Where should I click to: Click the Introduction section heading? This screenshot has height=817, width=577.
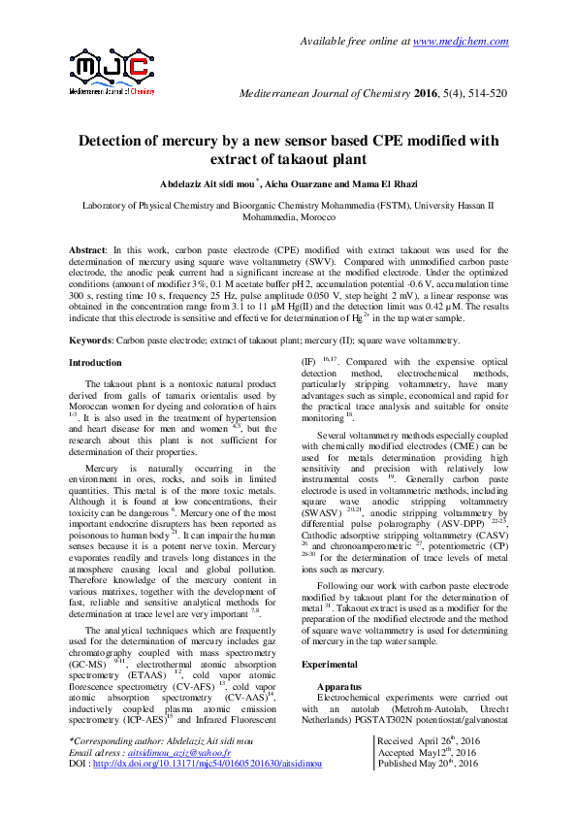click(95, 363)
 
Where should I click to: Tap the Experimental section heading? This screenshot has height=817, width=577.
click(330, 664)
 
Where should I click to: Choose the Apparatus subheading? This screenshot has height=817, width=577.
click(342, 685)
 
